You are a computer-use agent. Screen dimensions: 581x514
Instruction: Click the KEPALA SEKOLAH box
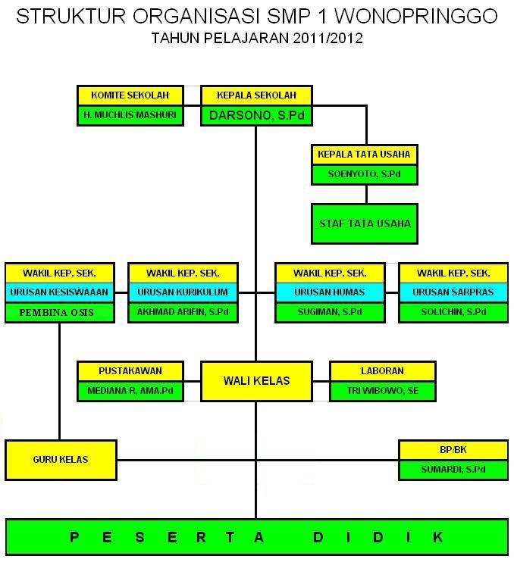pos(256,95)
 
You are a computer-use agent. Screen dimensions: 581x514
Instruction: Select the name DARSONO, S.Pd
pos(256,115)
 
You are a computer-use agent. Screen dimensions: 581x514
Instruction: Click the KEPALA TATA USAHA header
pos(364,155)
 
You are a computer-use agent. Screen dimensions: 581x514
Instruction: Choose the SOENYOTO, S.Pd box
pos(364,174)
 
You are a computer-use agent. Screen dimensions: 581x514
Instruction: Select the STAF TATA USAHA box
pos(364,223)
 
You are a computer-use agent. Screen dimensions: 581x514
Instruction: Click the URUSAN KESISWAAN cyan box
pos(60,292)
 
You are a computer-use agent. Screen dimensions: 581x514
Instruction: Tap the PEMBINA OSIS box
pos(60,312)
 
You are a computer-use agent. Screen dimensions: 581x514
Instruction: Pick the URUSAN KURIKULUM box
pos(183,292)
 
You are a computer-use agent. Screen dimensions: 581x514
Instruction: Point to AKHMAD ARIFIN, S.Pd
pos(183,312)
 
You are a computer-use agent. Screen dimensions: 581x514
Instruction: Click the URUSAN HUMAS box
pos(330,292)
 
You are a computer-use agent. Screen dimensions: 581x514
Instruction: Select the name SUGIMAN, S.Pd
pos(330,312)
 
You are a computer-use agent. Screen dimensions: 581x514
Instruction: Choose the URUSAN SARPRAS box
pos(453,292)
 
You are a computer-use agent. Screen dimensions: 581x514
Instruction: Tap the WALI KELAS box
pos(256,381)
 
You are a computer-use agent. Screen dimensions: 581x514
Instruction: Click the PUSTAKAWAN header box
pos(130,371)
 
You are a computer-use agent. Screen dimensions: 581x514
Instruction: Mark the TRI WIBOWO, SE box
pos(382,391)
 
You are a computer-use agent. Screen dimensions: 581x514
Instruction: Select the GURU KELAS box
pos(61,459)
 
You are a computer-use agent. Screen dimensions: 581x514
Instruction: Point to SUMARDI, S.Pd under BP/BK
pos(453,470)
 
